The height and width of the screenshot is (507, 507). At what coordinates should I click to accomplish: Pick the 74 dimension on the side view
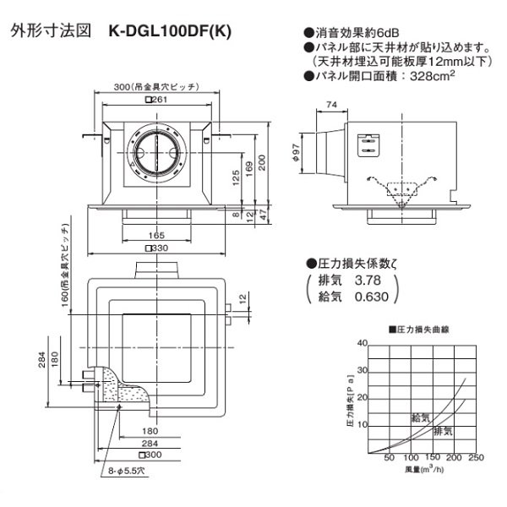(330, 104)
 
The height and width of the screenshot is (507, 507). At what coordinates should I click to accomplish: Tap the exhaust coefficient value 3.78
(369, 280)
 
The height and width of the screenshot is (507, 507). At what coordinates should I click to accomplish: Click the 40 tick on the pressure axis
(363, 342)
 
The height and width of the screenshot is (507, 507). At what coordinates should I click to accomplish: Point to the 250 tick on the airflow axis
(475, 457)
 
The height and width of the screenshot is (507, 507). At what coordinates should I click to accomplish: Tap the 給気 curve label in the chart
(420, 417)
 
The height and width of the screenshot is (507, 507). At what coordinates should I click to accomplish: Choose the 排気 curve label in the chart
(442, 431)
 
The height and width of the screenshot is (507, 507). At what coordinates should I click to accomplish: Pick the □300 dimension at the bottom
(153, 455)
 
